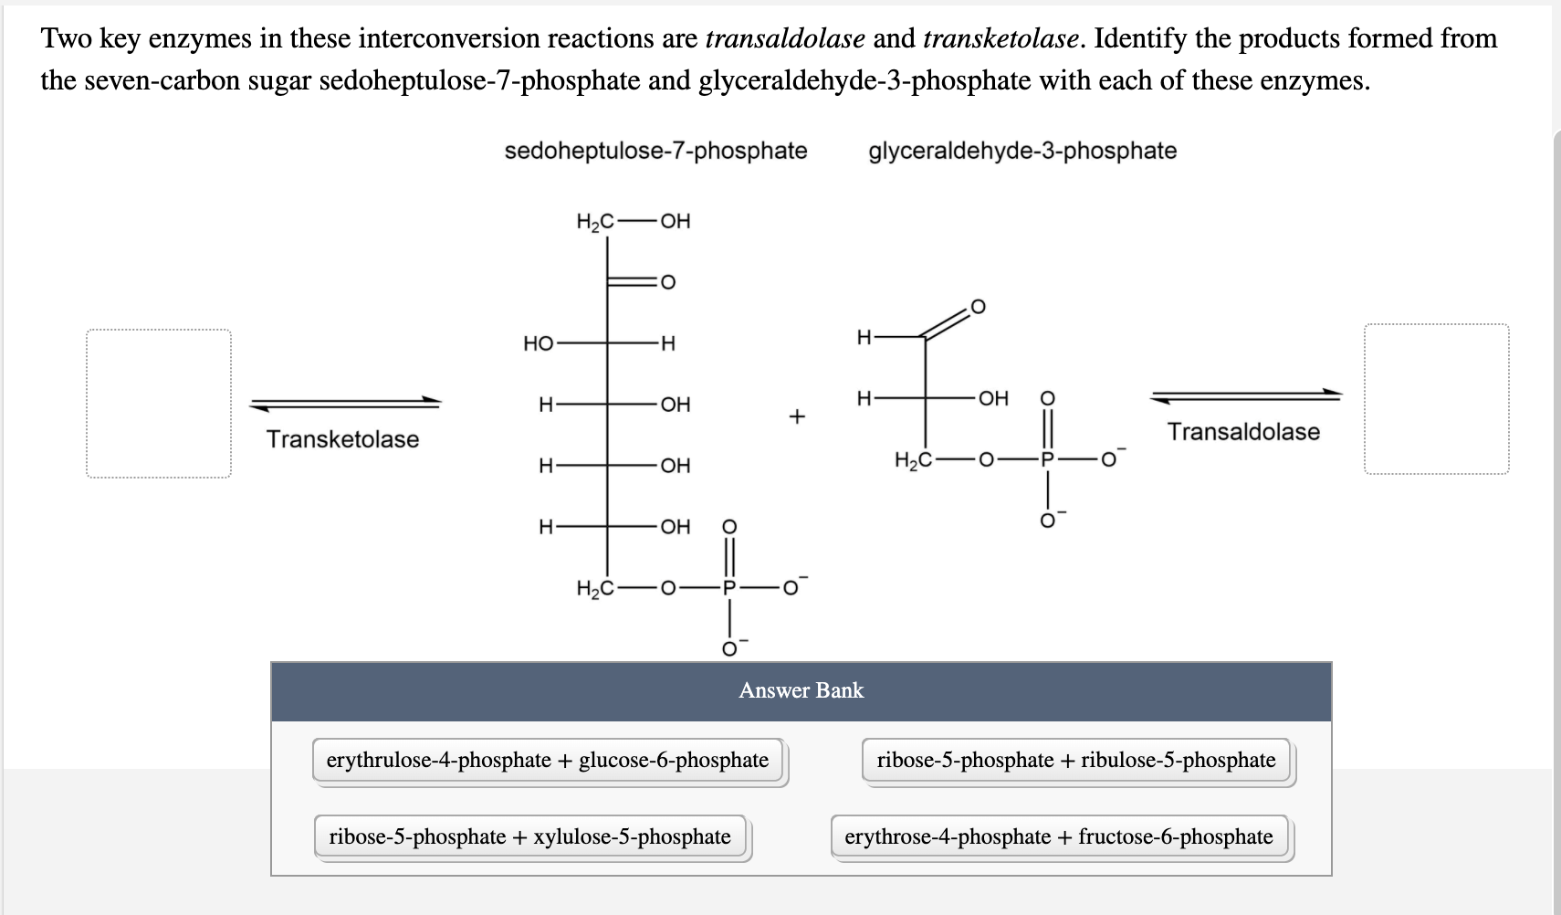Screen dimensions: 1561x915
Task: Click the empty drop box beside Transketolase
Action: pos(159,404)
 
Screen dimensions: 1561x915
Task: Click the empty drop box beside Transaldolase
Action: pos(1436,399)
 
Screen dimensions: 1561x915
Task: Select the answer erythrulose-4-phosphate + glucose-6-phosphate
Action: pos(548,761)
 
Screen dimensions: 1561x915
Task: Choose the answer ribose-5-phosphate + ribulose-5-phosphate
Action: pos(1076,761)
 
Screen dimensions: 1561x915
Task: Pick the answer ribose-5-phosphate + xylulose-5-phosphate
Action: pos(529,837)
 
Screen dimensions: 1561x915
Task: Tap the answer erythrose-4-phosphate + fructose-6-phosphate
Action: pos(1059,837)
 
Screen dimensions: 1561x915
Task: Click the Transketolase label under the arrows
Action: pos(342,439)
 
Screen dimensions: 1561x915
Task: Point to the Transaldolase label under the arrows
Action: pos(1243,432)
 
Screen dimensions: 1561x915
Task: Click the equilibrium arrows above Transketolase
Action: pos(345,403)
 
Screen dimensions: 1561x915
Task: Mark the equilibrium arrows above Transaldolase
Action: pos(1246,395)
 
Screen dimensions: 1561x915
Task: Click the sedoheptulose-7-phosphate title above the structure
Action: pos(655,151)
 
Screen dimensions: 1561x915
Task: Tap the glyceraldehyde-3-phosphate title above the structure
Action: pos(1022,151)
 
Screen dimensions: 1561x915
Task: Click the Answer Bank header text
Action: pos(801,690)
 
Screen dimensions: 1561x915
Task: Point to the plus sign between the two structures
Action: pos(796,417)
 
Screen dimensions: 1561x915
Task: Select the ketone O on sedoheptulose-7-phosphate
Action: pos(667,282)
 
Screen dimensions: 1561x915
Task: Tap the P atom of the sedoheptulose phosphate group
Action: pos(728,588)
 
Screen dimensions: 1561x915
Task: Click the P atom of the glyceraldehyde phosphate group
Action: pos(1048,460)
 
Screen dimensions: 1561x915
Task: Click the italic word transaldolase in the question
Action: pos(785,39)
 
